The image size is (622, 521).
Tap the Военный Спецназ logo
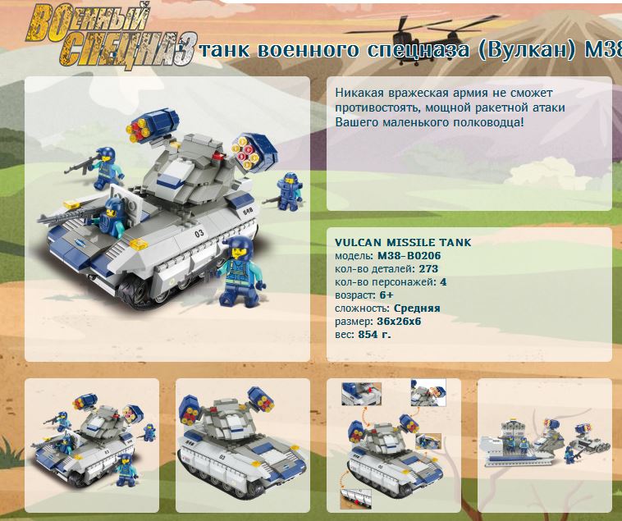(111, 36)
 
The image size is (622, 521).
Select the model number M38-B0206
(409, 256)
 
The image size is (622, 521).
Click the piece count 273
(428, 269)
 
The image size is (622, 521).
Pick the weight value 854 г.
(374, 334)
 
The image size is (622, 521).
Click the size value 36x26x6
(399, 321)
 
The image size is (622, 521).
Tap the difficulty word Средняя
(417, 308)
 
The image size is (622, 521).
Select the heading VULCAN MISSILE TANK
(403, 242)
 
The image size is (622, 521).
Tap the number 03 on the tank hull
(199, 233)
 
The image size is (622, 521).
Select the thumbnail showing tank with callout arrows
(394, 445)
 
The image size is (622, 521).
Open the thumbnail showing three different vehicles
(545, 445)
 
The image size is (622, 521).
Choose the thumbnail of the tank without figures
(243, 445)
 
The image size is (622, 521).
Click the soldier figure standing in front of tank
(240, 271)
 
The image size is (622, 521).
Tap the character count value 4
(443, 282)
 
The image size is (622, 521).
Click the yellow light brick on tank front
(139, 244)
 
